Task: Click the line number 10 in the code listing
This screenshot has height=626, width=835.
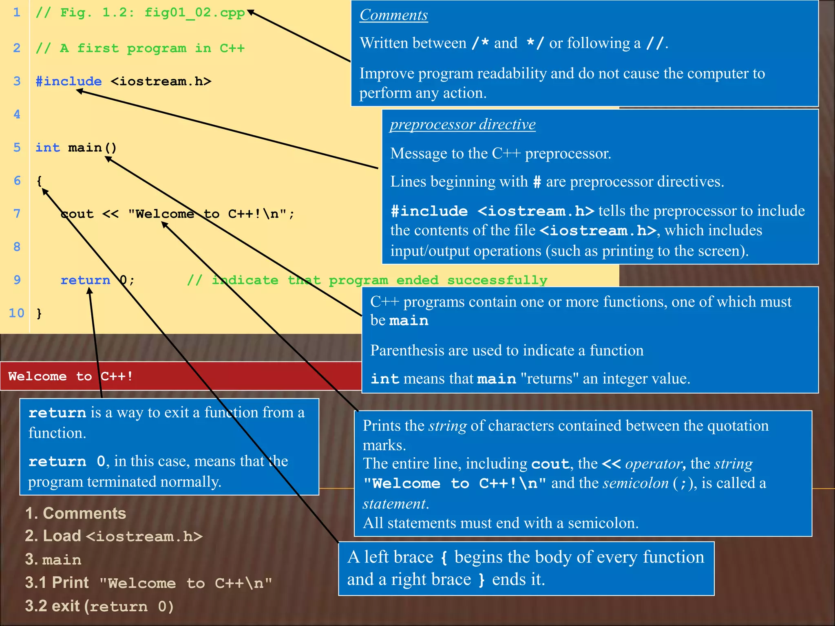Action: [16, 313]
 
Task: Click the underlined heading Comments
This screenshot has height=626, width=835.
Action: [393, 15]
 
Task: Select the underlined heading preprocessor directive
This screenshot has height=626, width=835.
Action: [462, 124]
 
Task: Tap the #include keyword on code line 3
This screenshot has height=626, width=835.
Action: [68, 82]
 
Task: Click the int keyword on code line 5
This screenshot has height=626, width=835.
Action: [47, 148]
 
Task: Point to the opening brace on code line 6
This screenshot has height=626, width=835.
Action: [39, 181]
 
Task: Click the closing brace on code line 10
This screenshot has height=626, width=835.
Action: [39, 313]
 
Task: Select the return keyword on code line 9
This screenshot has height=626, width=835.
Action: [85, 280]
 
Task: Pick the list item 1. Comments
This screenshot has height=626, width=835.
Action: [75, 514]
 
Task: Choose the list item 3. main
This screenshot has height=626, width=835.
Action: [53, 560]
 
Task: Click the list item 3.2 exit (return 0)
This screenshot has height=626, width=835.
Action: [99, 606]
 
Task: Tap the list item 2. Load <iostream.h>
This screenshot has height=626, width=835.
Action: [113, 536]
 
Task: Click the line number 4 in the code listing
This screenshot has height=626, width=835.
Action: [17, 115]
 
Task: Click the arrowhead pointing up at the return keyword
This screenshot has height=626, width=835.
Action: [89, 292]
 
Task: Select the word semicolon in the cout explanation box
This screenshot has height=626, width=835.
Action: [636, 483]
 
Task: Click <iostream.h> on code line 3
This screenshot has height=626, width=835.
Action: [161, 82]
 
